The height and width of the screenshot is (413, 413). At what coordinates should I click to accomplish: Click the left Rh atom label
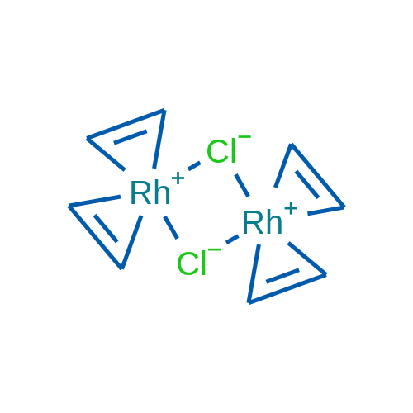pyautogui.click(x=150, y=192)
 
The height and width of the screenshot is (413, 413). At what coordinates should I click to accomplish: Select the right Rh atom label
pyautogui.click(x=263, y=222)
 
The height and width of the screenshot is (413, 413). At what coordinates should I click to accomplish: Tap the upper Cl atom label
pyautogui.click(x=221, y=151)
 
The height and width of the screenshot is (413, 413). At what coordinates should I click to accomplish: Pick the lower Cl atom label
pyautogui.click(x=192, y=263)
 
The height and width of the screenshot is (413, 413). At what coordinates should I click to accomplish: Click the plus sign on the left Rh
pyautogui.click(x=178, y=178)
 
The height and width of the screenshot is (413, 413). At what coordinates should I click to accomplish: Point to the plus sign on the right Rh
pyautogui.click(x=291, y=208)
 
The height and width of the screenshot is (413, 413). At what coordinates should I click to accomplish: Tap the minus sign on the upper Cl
pyautogui.click(x=244, y=136)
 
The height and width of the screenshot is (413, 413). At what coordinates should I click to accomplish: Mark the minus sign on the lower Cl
pyautogui.click(x=215, y=249)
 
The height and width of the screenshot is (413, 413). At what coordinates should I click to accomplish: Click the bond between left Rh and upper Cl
pyautogui.click(x=194, y=166)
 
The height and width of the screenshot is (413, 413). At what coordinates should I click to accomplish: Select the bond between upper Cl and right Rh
pyautogui.click(x=242, y=185)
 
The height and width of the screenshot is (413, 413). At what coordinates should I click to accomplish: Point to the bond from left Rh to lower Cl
pyautogui.click(x=171, y=227)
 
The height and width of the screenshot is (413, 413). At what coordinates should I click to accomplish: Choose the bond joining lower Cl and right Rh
pyautogui.click(x=232, y=240)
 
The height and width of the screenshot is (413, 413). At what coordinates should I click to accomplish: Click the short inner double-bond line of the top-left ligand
pyautogui.click(x=131, y=137)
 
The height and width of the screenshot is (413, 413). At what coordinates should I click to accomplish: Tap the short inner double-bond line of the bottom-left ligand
pyautogui.click(x=106, y=228)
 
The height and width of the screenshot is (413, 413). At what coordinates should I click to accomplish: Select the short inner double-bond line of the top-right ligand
pyautogui.click(x=307, y=184)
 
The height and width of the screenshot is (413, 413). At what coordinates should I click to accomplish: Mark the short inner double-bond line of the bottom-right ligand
pyautogui.click(x=282, y=276)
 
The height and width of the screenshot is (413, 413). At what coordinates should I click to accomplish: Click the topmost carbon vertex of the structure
pyautogui.click(x=164, y=110)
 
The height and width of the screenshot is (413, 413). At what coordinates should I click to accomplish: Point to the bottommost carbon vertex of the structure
pyautogui.click(x=249, y=302)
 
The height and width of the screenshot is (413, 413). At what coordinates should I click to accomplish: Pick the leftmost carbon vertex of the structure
pyautogui.click(x=69, y=206)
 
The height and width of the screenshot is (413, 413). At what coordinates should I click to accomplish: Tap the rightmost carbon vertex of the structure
pyautogui.click(x=344, y=207)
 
